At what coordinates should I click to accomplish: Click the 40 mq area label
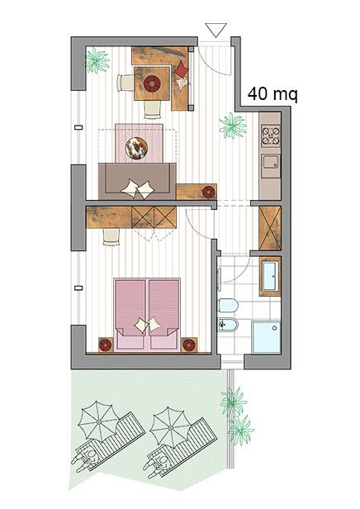272,94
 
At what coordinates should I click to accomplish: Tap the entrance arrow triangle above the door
216,30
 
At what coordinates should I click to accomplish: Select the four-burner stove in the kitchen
271,136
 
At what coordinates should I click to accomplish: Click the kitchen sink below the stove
271,161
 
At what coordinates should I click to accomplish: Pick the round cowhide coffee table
136,149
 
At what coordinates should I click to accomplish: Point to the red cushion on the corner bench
182,69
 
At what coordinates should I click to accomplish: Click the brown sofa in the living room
137,181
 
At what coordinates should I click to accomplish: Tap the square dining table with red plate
152,83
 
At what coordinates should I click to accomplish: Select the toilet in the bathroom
229,306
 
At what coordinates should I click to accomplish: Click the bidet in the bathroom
229,325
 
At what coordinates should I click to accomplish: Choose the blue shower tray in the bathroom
266,338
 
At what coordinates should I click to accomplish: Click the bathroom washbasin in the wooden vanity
270,276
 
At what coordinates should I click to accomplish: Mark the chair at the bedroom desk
111,236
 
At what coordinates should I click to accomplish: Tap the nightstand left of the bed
106,345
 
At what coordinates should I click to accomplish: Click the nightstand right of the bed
189,345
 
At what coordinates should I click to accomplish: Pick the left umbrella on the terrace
98,421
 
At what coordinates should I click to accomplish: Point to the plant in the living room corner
97,60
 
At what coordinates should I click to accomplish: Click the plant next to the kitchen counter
233,126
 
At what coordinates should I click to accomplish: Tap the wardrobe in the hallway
270,229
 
